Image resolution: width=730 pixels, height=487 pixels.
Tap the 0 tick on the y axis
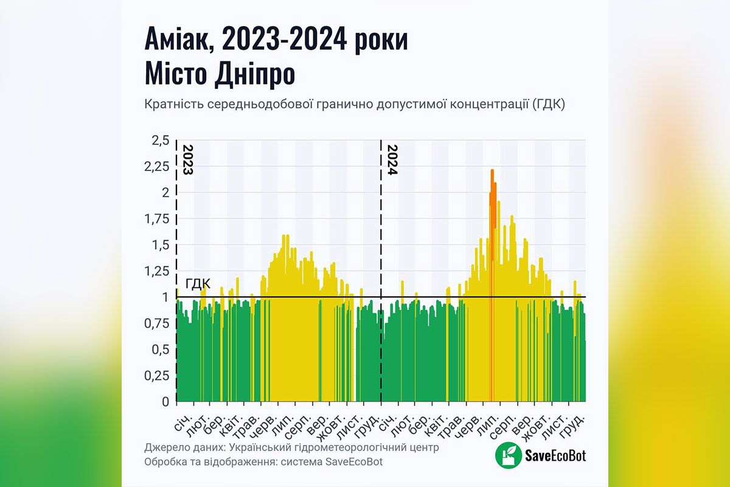coord(164,402)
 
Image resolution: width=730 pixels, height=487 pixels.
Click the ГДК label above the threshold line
coord(198,284)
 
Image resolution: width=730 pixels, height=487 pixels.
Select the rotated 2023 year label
coord(187,160)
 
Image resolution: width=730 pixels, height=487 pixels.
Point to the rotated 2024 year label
coord(392,160)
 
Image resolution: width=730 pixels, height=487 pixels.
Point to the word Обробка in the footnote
coord(166,462)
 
